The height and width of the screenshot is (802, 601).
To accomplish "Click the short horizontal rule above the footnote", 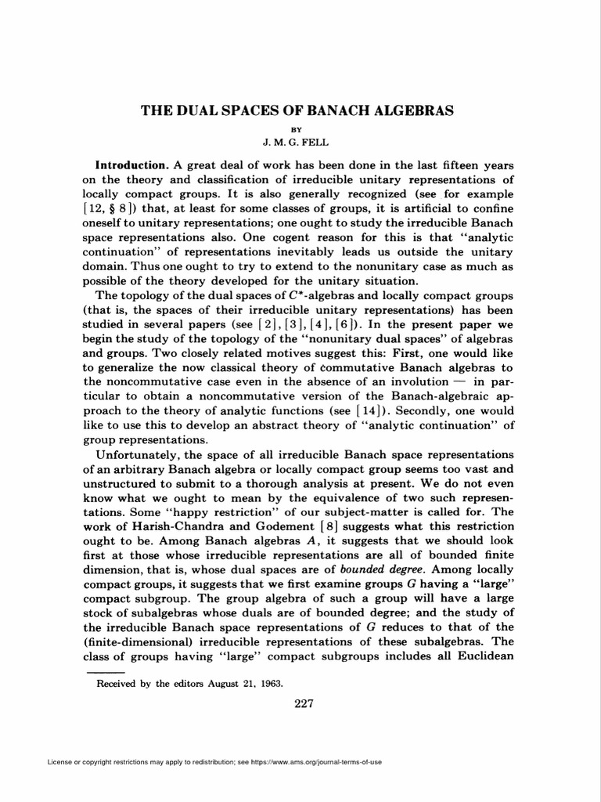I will pos(104,672).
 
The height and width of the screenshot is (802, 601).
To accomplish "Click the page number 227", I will pos(304,703).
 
